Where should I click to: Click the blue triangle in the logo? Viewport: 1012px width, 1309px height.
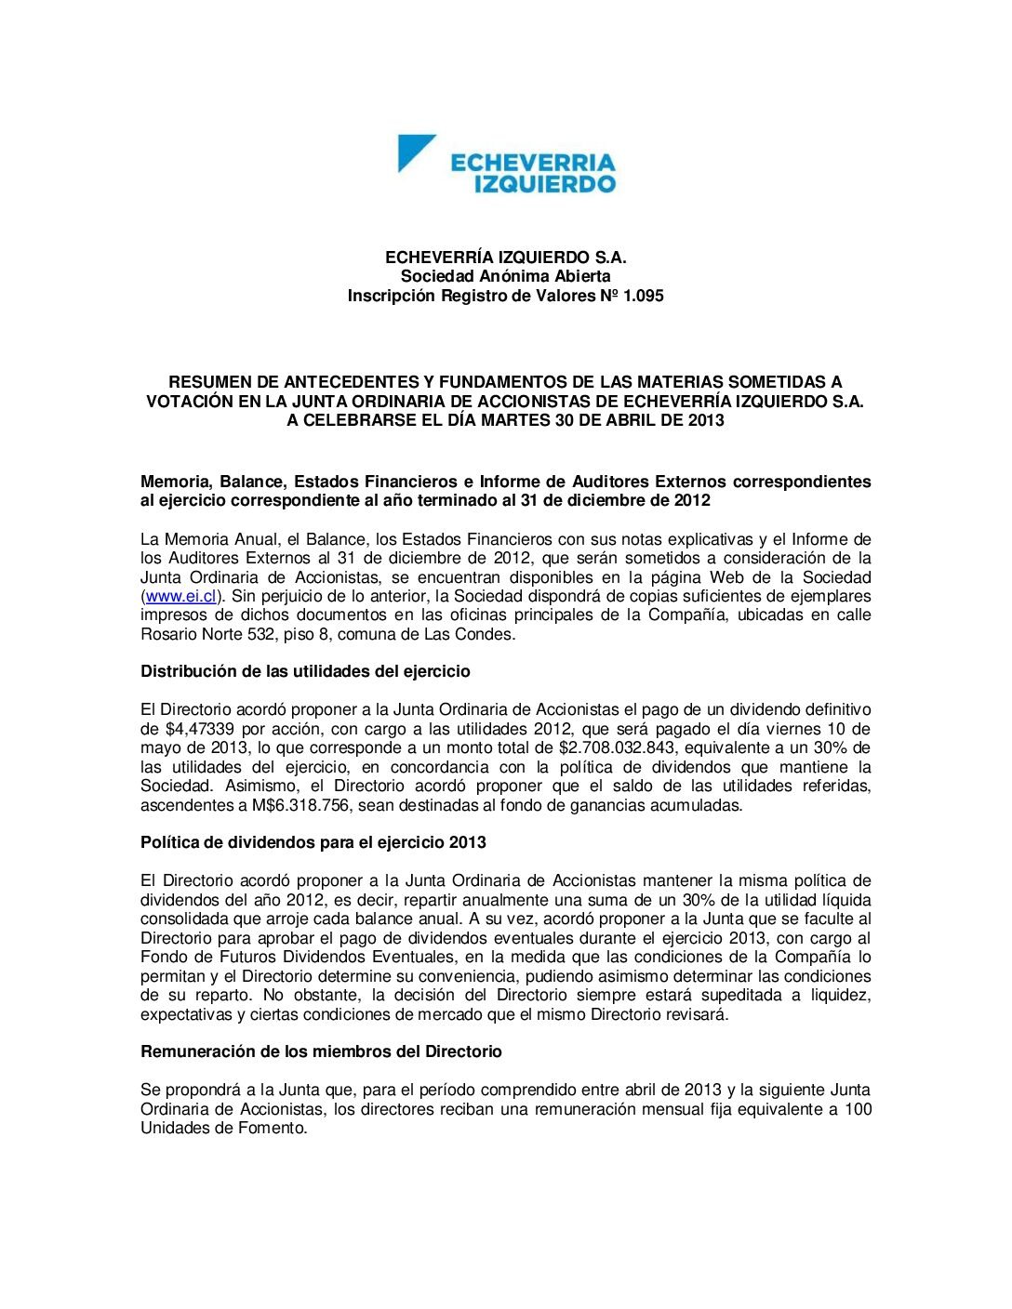point(413,151)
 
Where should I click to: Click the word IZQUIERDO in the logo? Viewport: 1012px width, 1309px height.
point(544,184)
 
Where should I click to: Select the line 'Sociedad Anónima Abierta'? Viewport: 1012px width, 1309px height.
point(505,276)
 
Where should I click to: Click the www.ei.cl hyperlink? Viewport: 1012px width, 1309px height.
point(180,596)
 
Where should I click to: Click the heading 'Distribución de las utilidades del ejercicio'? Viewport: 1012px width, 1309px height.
point(305,671)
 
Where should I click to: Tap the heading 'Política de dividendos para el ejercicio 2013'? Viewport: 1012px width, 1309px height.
point(313,842)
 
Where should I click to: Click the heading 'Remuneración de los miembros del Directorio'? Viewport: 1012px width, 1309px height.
point(321,1051)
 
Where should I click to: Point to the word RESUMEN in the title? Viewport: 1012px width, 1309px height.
point(206,381)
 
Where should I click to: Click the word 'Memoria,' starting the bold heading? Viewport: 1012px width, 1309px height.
point(175,482)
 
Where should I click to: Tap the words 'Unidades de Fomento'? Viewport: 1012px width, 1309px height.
point(222,1128)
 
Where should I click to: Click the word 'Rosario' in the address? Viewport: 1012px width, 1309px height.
point(167,634)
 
